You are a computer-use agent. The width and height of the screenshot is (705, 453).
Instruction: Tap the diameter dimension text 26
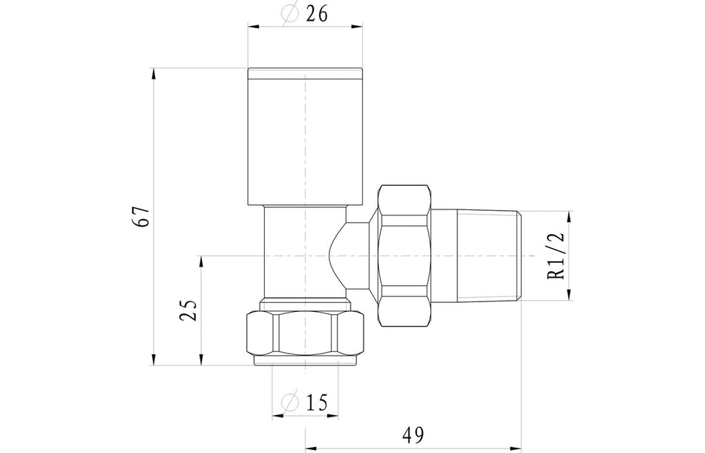coord(314,13)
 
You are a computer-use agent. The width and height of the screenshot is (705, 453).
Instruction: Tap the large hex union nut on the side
coord(404,255)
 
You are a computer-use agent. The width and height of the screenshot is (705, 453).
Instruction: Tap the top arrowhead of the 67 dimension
coord(154,73)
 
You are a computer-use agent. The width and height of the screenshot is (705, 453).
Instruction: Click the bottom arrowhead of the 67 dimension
coord(154,362)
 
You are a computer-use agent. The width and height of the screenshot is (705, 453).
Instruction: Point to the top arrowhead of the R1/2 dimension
coord(570,217)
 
